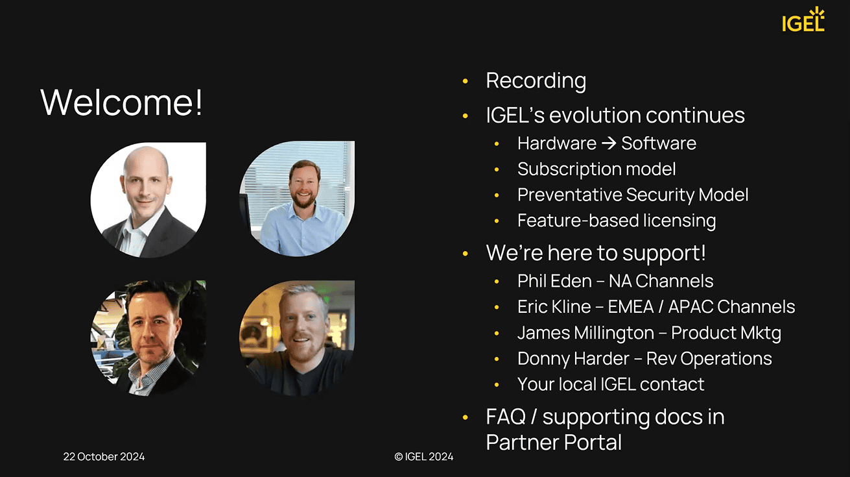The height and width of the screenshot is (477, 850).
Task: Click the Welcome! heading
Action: tap(121, 102)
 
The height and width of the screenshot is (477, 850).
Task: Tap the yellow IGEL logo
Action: tap(803, 19)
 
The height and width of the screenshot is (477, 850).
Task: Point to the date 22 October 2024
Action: tap(104, 456)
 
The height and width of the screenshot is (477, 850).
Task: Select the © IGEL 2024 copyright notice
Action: tap(424, 456)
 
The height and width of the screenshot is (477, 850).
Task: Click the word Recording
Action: tap(536, 81)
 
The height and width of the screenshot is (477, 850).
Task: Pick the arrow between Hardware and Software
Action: tap(609, 143)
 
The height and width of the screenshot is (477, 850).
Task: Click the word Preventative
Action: tap(569, 195)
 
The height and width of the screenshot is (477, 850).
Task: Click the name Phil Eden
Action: tap(554, 281)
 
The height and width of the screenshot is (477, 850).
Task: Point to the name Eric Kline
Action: tap(554, 307)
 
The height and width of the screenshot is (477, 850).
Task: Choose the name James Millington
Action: tap(585, 333)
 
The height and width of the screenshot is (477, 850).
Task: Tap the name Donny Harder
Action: tap(573, 358)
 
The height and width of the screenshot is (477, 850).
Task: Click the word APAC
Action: tap(691, 307)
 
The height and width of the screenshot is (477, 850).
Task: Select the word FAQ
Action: tap(506, 417)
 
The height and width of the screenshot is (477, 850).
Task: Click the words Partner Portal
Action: tap(554, 443)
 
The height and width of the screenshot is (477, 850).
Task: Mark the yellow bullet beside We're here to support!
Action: tap(466, 253)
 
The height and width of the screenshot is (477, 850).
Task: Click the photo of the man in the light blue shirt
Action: tap(297, 199)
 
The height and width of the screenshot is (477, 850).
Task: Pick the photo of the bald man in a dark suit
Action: tap(148, 200)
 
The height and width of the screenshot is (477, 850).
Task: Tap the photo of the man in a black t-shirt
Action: tap(297, 338)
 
